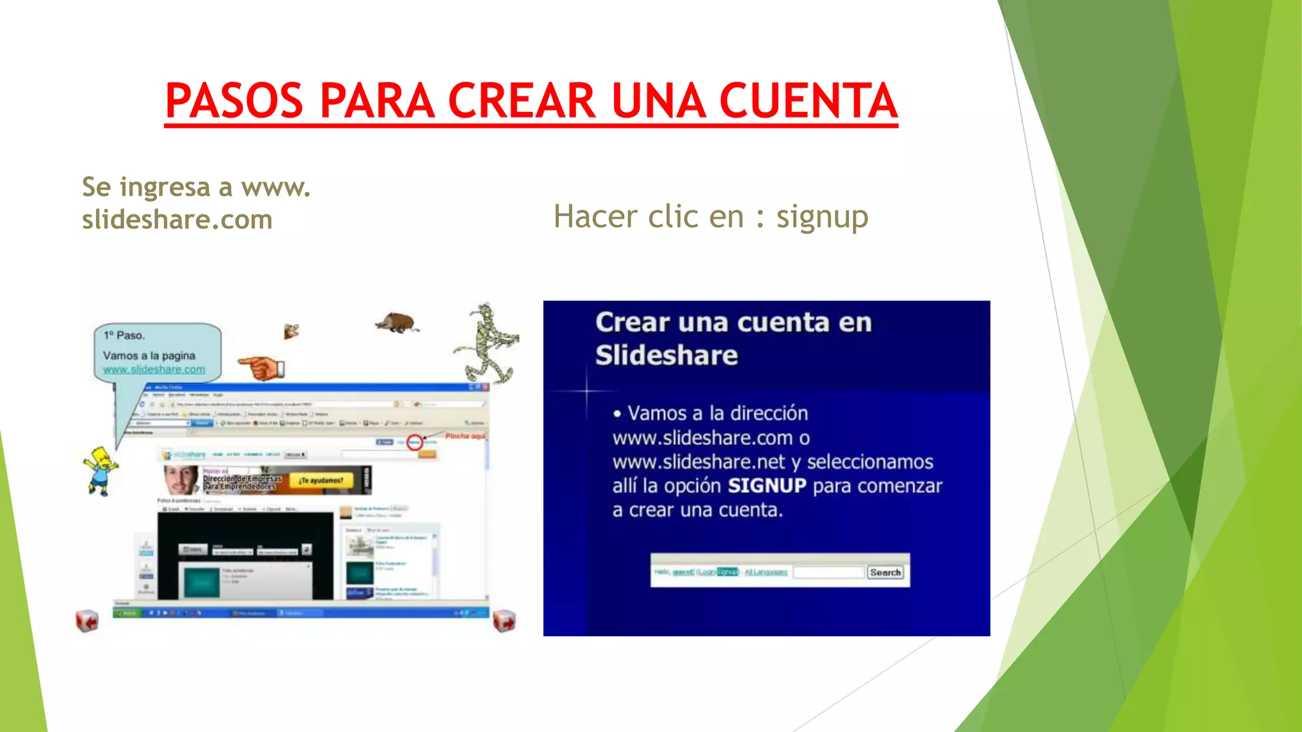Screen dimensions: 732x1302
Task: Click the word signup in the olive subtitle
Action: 822,217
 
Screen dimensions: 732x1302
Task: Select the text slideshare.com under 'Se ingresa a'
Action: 177,220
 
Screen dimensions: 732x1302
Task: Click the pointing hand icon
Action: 262,367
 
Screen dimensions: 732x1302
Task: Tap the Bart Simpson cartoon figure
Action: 100,470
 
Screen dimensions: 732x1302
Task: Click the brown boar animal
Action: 397,323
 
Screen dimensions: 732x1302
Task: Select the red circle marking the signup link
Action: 415,442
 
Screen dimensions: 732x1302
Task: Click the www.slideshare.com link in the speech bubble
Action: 154,369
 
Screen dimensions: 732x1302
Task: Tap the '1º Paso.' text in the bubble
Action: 125,335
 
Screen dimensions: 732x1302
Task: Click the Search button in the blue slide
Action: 885,573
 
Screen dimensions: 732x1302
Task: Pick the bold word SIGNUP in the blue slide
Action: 767,486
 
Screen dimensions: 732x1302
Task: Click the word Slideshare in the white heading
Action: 666,355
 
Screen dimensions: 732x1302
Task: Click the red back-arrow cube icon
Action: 87,620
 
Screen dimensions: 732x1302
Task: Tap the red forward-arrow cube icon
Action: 504,621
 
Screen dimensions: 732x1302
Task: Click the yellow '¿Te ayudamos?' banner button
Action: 321,481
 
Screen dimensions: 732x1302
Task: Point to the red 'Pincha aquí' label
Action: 465,436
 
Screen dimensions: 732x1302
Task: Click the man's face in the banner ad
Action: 181,480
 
